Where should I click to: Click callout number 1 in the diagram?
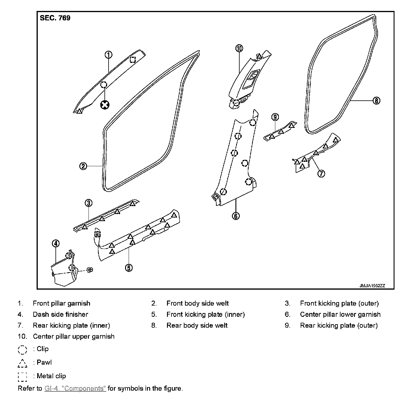(108, 55)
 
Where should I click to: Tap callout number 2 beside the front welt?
(83, 166)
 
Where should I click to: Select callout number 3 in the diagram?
(89, 203)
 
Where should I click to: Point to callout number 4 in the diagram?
(55, 243)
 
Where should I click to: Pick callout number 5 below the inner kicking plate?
(129, 268)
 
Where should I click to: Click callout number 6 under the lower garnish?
(236, 216)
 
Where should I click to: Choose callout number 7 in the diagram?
(321, 173)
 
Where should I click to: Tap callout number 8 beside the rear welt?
(376, 101)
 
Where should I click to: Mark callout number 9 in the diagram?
(275, 117)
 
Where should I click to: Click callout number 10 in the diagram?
(239, 48)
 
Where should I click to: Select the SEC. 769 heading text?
(55, 18)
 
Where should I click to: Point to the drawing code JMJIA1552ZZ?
(372, 286)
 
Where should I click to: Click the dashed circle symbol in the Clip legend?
(22, 350)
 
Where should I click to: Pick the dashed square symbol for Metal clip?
(22, 377)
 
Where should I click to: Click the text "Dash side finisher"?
(60, 314)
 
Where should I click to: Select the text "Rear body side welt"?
(197, 325)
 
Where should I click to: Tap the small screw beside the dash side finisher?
(90, 270)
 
